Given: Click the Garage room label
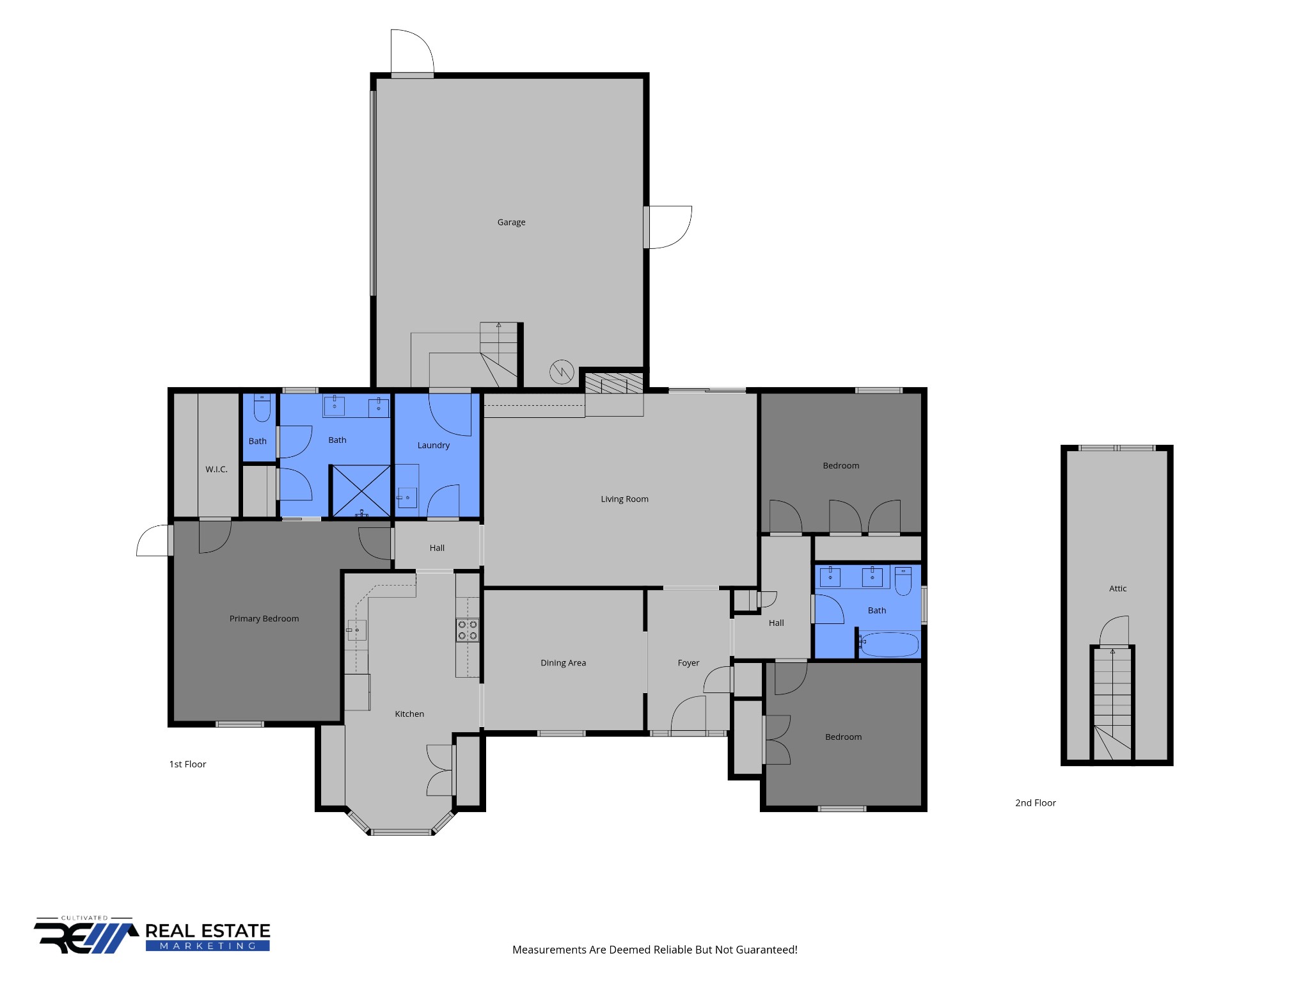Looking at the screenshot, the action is click(511, 222).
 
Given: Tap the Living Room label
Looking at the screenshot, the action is click(624, 499).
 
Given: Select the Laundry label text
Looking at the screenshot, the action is click(434, 445).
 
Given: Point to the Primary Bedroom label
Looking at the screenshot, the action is click(264, 619).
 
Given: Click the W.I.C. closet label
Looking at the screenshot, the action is click(216, 469).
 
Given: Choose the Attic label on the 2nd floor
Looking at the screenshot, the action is click(1118, 589).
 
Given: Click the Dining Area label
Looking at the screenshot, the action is click(563, 663).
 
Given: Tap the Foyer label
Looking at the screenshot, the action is click(688, 663).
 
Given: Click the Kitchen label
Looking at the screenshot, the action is click(409, 714).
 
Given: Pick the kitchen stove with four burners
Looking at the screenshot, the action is click(468, 630).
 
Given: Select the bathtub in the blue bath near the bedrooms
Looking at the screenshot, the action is click(890, 645).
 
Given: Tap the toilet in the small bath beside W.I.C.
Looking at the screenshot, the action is click(262, 408).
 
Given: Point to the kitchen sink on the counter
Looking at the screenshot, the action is click(356, 630).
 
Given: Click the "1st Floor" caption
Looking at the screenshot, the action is click(187, 764).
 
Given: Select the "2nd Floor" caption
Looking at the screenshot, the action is click(1035, 803).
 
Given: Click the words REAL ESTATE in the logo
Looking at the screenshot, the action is click(208, 931).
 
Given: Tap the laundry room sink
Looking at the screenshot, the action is click(407, 497).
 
